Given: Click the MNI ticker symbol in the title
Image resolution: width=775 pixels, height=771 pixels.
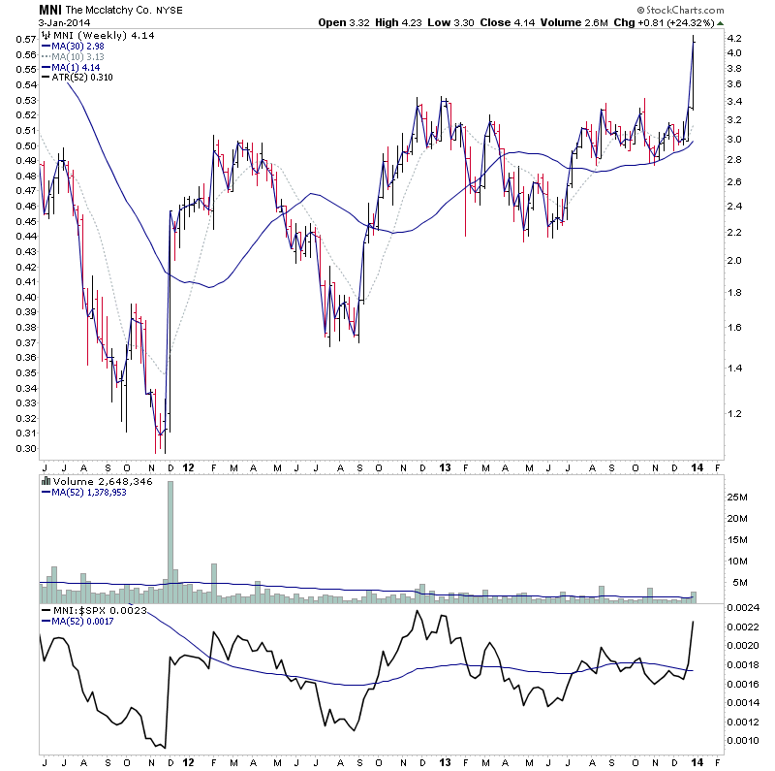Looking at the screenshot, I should point(50,10).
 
